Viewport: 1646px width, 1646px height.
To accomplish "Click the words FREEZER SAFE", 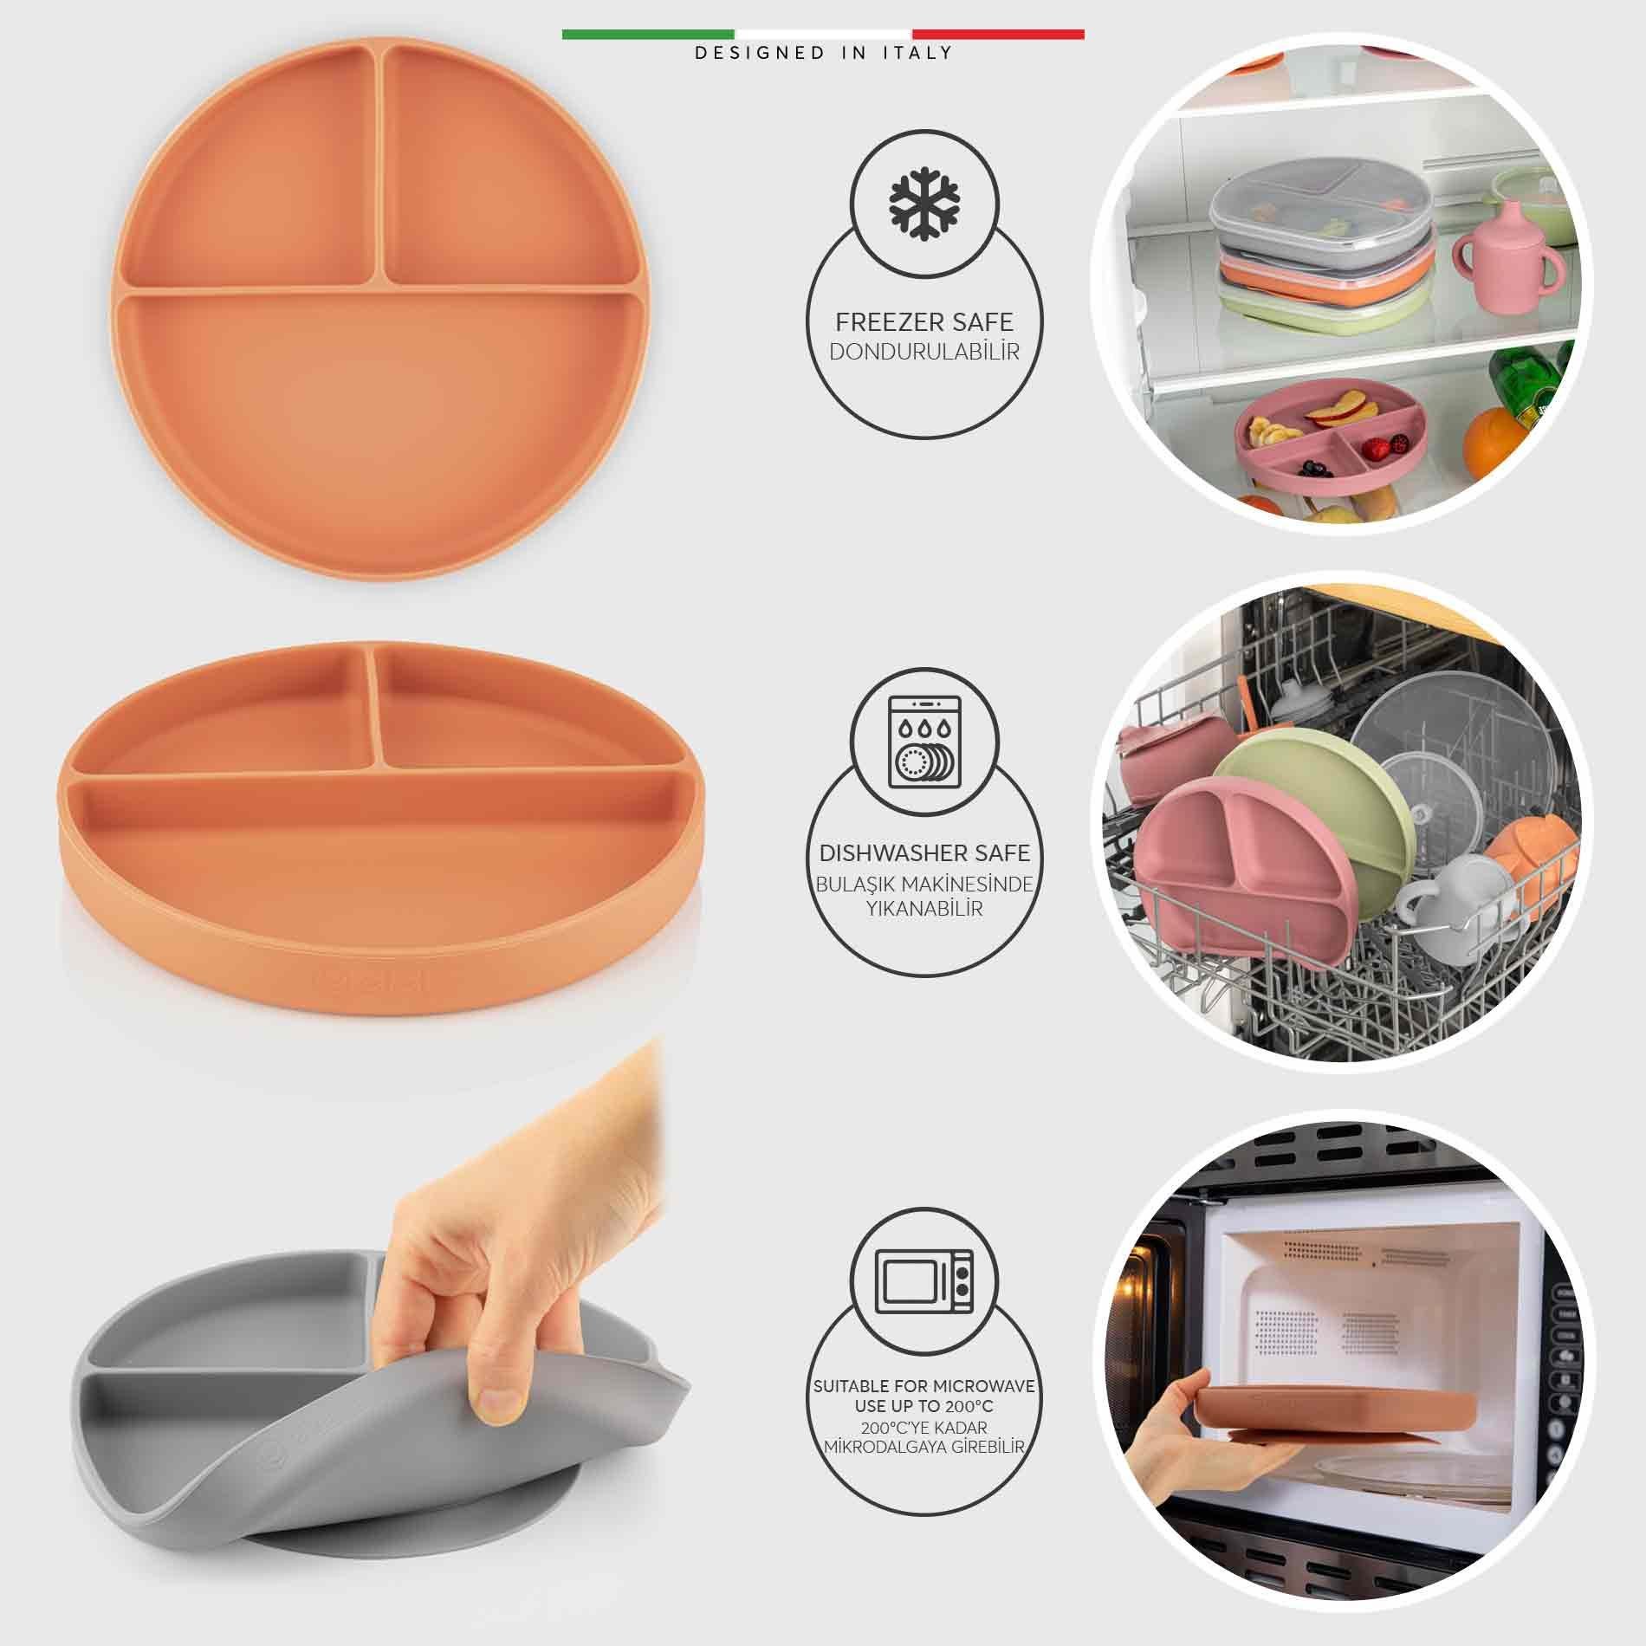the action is pos(924,322).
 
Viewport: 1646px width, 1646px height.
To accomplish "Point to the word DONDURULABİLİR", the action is pos(924,352).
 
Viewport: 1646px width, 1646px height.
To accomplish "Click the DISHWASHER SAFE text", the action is pos(924,853).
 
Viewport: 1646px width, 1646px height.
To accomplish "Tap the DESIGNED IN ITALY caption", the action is pos(823,53).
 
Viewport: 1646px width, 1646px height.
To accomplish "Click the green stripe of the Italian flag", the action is pos(649,35).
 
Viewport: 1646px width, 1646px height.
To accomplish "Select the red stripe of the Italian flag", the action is pos(997,35).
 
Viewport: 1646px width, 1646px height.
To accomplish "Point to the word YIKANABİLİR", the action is pos(924,910).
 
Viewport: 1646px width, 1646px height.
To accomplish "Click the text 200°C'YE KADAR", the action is pos(924,1428).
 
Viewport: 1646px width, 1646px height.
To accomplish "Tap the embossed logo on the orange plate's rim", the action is pos(355,982).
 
